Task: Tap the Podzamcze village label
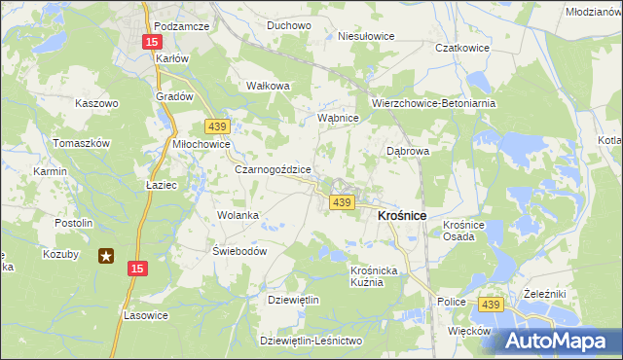click(182, 26)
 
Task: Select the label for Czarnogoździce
click(274, 168)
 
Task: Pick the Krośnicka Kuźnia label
click(375, 275)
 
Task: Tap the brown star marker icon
click(107, 256)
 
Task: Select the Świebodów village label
click(239, 250)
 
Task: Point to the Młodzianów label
click(593, 12)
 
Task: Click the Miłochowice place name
click(201, 144)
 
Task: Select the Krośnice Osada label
click(464, 231)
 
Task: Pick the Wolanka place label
click(237, 215)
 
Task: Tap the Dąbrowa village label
click(408, 151)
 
